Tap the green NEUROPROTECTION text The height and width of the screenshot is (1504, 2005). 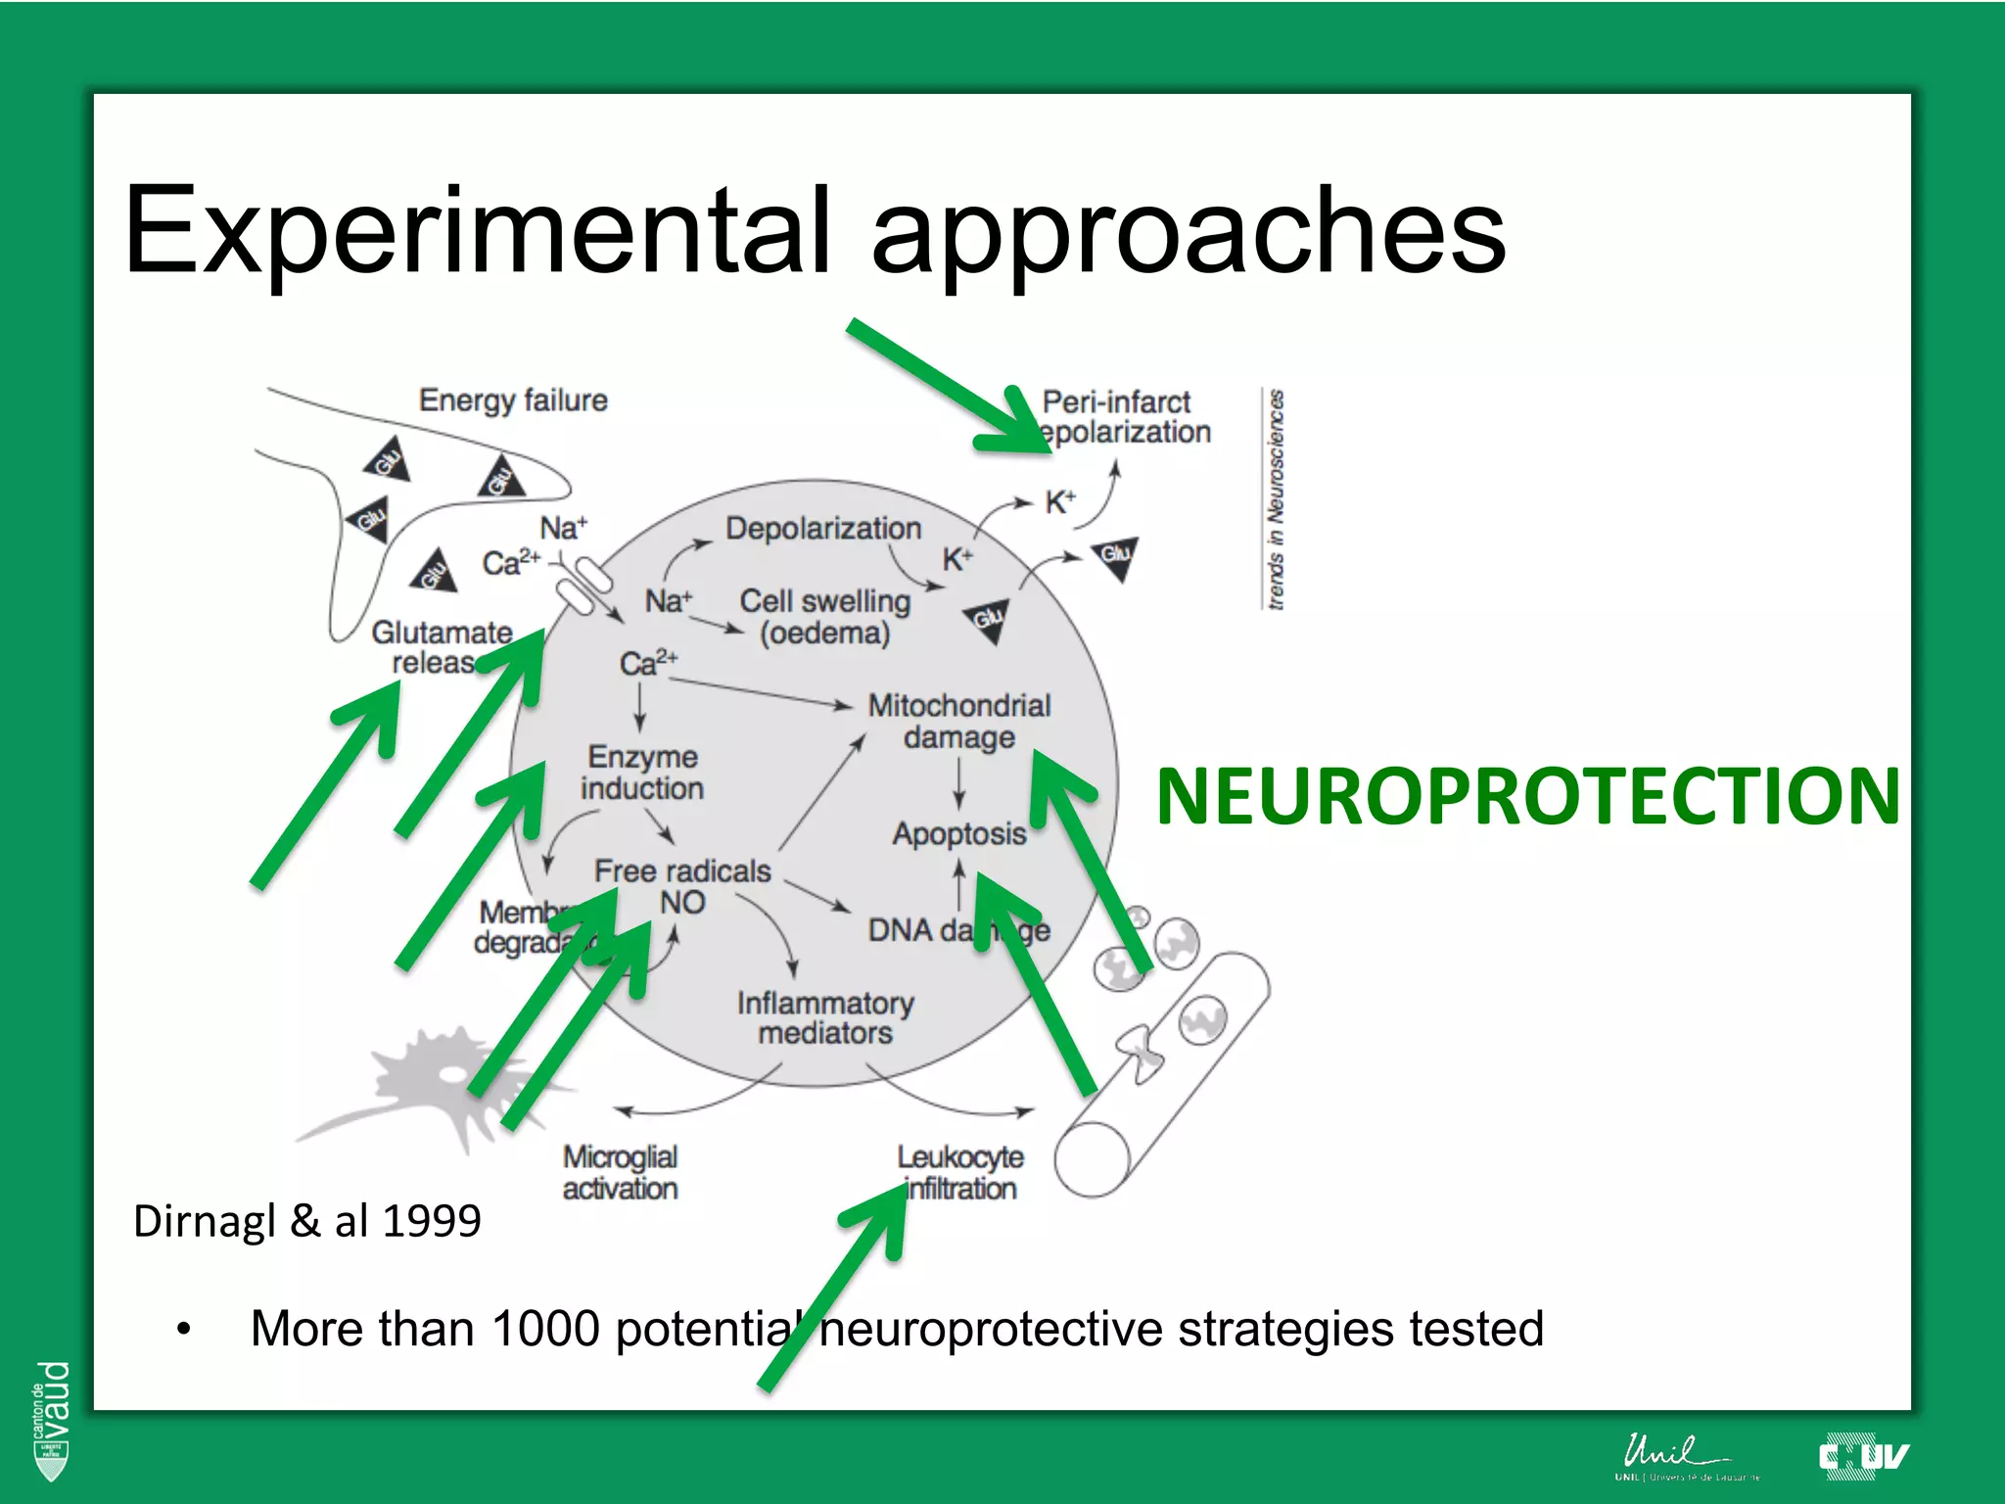(x=1527, y=795)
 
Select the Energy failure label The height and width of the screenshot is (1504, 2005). (x=513, y=400)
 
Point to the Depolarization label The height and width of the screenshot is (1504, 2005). (x=823, y=529)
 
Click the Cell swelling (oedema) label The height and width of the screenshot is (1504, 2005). (x=825, y=617)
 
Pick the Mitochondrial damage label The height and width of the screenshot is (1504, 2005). (x=958, y=721)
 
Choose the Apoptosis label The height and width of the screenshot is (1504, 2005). (x=958, y=834)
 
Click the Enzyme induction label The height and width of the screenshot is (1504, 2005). (x=642, y=773)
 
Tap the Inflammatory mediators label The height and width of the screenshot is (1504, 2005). (x=825, y=1018)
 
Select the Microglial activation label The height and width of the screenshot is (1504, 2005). (x=620, y=1173)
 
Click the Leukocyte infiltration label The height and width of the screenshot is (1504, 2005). (x=960, y=1173)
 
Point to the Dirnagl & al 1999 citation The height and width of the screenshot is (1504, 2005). (x=306, y=1221)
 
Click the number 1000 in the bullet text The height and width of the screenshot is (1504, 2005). (x=545, y=1329)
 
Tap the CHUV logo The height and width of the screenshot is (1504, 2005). (x=1863, y=1457)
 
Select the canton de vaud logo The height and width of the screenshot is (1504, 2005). (x=52, y=1420)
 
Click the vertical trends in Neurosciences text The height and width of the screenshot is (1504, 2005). (x=1275, y=499)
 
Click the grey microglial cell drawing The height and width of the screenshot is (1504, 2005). (x=431, y=1087)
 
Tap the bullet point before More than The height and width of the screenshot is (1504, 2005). (x=183, y=1330)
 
